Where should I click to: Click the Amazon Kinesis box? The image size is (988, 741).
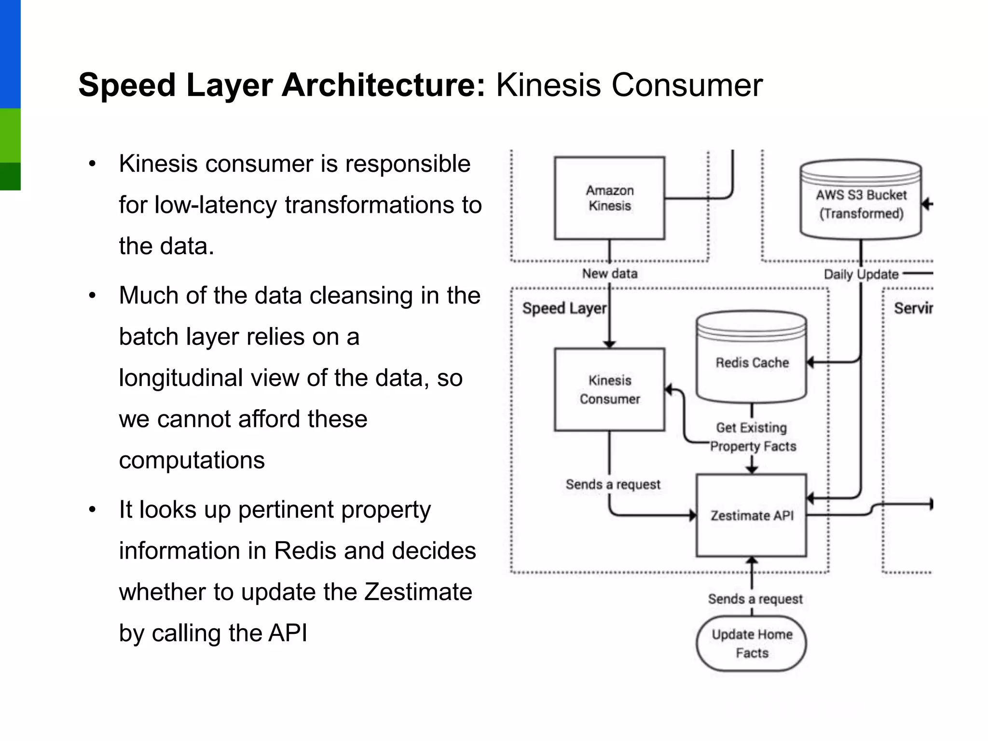609,198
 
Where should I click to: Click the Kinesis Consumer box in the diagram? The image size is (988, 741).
609,389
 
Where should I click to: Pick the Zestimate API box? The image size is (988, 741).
751,515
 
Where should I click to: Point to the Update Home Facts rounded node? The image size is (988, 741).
751,643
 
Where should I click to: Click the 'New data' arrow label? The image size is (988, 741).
610,274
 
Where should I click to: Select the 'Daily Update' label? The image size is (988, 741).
861,274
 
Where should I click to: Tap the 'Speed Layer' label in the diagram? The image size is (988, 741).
564,308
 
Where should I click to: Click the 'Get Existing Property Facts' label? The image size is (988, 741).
752,437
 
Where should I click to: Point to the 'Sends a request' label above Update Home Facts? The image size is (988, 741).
755,599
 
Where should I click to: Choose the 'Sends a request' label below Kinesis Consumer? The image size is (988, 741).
613,484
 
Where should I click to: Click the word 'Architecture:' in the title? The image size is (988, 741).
384,85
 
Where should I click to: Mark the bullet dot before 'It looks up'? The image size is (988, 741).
93,510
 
